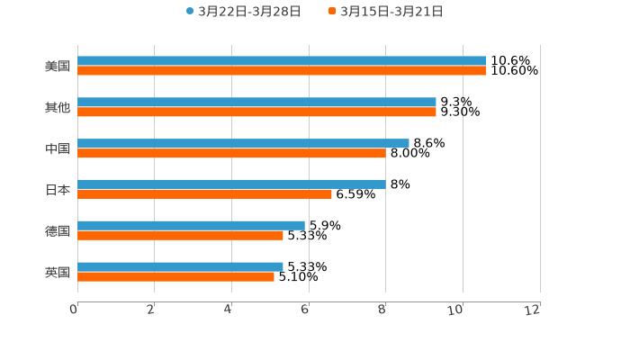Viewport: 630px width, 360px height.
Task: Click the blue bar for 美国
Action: pos(282,61)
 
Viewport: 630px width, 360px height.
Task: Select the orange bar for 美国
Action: pos(282,70)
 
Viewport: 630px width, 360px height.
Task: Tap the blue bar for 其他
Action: pos(256,103)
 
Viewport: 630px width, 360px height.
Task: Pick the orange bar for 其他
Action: pos(256,112)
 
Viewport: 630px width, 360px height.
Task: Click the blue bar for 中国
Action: pos(243,143)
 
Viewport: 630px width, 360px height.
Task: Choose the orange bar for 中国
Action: pos(231,153)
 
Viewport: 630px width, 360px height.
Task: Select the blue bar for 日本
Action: pos(231,184)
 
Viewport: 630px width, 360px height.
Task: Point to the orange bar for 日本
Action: pos(204,193)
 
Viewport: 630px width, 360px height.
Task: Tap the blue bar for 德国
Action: pos(191,225)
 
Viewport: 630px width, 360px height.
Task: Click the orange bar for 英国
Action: pos(175,276)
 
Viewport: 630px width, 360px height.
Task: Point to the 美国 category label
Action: pos(58,66)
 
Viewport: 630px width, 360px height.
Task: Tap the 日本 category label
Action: pos(58,189)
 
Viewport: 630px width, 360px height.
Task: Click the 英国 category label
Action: pos(58,272)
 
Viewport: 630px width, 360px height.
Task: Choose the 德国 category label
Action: pos(58,230)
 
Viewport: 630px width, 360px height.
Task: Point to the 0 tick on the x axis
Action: pos(74,310)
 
